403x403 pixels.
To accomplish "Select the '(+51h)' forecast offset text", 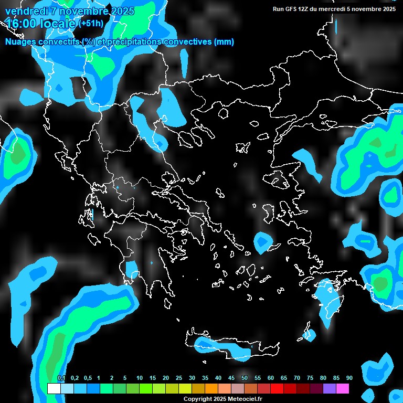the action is [91, 24].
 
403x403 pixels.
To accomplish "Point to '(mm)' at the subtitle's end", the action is [224, 42].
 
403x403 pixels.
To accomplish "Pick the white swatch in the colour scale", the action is [54, 389].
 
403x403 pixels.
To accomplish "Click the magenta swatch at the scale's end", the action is [343, 389].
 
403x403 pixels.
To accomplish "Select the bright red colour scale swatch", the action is [277, 389].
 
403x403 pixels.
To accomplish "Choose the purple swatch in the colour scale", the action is [330, 389].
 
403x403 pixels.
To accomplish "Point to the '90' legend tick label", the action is [349, 378].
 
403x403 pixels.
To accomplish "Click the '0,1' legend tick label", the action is [61, 378].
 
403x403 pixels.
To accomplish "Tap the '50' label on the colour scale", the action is [245, 378].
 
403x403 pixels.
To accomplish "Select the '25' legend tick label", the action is [179, 378].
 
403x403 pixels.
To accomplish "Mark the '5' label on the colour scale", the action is [125, 378].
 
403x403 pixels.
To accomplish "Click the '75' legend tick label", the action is [310, 378].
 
